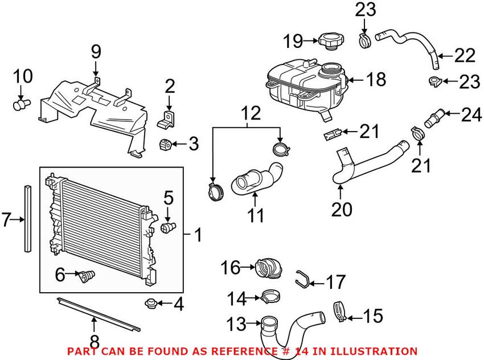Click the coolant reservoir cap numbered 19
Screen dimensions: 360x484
(x=331, y=41)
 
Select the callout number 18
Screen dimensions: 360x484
(x=376, y=79)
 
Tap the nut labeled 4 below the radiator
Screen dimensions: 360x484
(x=152, y=302)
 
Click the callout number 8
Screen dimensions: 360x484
(x=95, y=342)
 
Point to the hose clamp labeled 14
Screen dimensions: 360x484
(x=271, y=296)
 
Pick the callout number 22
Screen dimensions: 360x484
(x=465, y=56)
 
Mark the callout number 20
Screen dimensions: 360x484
(x=342, y=210)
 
